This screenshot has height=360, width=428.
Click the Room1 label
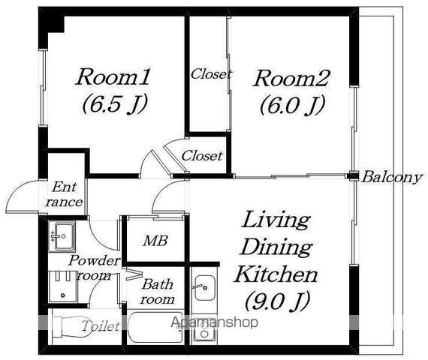click(x=113, y=77)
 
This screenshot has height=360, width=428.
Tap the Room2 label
click(x=291, y=78)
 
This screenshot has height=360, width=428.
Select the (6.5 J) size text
click(x=115, y=104)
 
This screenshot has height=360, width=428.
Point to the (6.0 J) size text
click(x=293, y=105)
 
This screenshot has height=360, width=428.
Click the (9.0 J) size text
click(x=277, y=301)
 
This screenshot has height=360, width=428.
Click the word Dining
click(x=276, y=247)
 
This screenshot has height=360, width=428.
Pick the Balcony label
click(x=392, y=178)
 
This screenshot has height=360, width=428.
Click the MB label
click(x=155, y=241)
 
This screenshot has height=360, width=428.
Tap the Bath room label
click(x=157, y=292)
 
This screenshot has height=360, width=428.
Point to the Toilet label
click(x=101, y=326)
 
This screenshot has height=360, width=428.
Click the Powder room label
click(x=94, y=268)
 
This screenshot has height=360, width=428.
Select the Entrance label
click(x=65, y=194)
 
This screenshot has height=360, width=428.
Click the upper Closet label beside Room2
click(x=211, y=74)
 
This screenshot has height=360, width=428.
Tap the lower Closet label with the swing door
click(x=202, y=156)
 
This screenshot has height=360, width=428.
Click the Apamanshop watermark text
click(x=214, y=323)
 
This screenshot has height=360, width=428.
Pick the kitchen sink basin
click(x=205, y=287)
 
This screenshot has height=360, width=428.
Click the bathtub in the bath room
click(x=155, y=327)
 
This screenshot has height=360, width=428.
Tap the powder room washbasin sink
click(x=62, y=236)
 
